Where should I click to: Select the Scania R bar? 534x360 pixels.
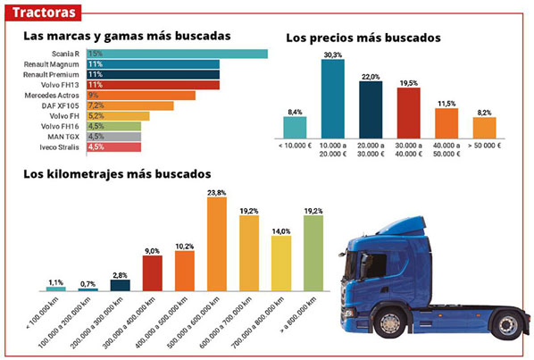click(x=177, y=54)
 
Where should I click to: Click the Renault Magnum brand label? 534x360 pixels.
click(x=57, y=64)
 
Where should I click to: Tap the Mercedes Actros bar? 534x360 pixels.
click(x=140, y=95)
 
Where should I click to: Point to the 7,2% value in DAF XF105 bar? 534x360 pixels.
click(x=96, y=105)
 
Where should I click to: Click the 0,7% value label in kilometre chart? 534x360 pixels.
click(x=88, y=283)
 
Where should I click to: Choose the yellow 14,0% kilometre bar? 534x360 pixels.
click(x=280, y=263)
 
